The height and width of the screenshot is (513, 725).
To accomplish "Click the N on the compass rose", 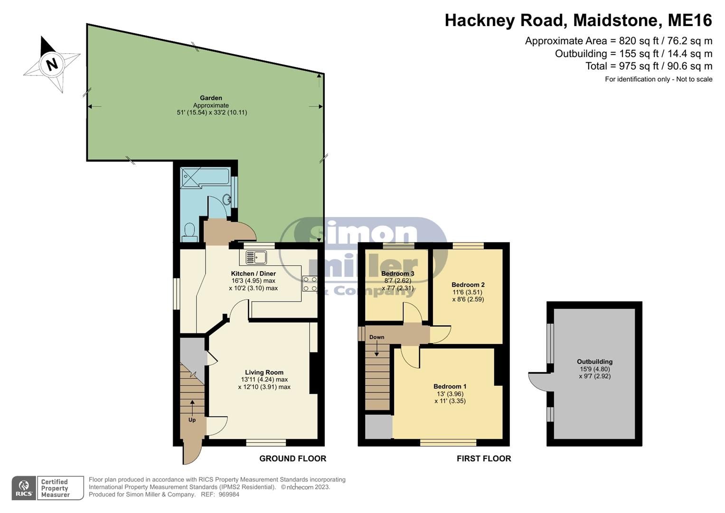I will click(x=52, y=64).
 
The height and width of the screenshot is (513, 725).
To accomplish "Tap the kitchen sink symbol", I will click(x=256, y=257).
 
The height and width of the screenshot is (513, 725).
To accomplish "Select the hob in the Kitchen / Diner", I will click(x=310, y=284).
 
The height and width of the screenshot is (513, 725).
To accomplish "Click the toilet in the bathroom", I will click(x=190, y=231).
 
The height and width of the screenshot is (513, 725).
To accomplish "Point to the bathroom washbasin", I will click(x=227, y=199).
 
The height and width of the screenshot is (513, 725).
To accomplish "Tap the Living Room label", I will click(x=264, y=372).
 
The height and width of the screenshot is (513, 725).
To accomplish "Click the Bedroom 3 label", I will click(x=397, y=274).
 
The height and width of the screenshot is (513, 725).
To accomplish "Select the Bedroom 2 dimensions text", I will click(x=468, y=296).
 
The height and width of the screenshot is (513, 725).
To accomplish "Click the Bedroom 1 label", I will click(x=450, y=386).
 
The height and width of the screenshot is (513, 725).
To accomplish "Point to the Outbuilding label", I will click(x=594, y=361).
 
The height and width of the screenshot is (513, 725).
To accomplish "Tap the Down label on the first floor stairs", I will click(x=377, y=337).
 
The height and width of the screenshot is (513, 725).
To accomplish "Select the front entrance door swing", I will click(x=192, y=454).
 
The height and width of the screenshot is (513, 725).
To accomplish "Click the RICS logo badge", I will click(x=24, y=488).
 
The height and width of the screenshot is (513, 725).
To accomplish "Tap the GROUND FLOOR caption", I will click(x=292, y=458).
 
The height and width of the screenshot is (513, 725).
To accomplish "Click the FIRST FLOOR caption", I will click(x=483, y=458).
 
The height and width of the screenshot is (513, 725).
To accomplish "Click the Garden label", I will click(x=211, y=98).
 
